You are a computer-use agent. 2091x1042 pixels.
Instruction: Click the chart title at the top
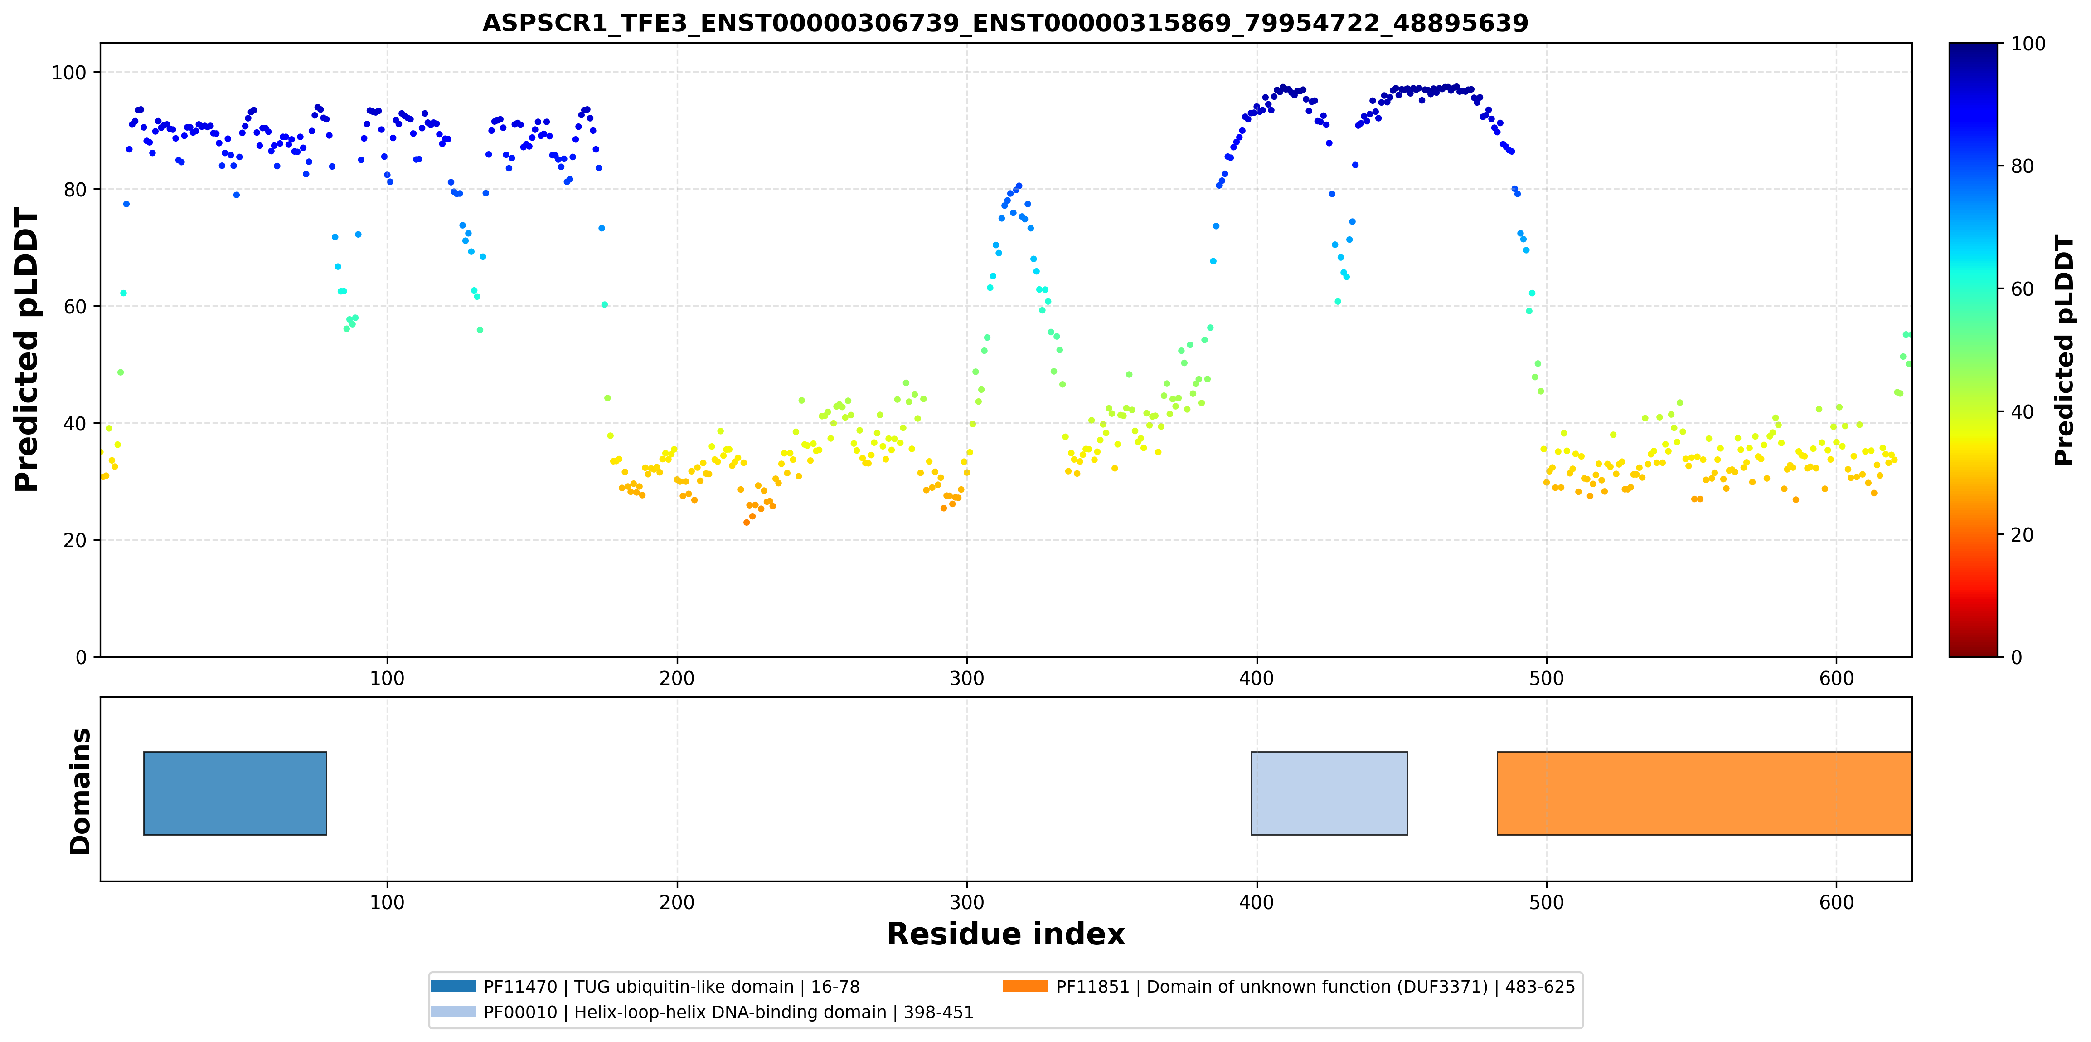pos(1005,23)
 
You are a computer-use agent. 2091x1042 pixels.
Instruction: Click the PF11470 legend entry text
pos(671,987)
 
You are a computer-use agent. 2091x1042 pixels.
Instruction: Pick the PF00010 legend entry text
pos(728,1012)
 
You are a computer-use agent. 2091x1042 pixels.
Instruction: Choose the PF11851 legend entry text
pos(1315,987)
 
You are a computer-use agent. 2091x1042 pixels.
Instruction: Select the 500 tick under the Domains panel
pos(1546,902)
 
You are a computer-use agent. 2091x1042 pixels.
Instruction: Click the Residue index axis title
pos(1006,934)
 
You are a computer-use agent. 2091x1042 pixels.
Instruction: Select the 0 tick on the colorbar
pos(2016,657)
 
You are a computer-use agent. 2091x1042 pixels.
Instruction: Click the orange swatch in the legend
pos(1025,986)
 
